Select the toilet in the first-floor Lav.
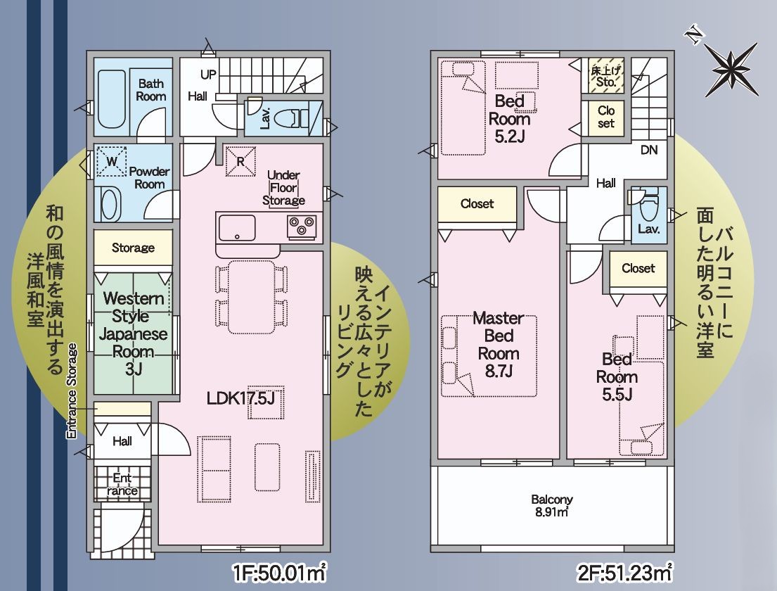[x=290, y=117]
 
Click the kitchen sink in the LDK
[x=237, y=227]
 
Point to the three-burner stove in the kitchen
[x=302, y=227]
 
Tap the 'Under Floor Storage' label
[x=283, y=188]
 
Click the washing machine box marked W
[x=110, y=160]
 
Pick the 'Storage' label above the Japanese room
[x=133, y=248]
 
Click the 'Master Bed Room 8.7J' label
[x=498, y=344]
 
